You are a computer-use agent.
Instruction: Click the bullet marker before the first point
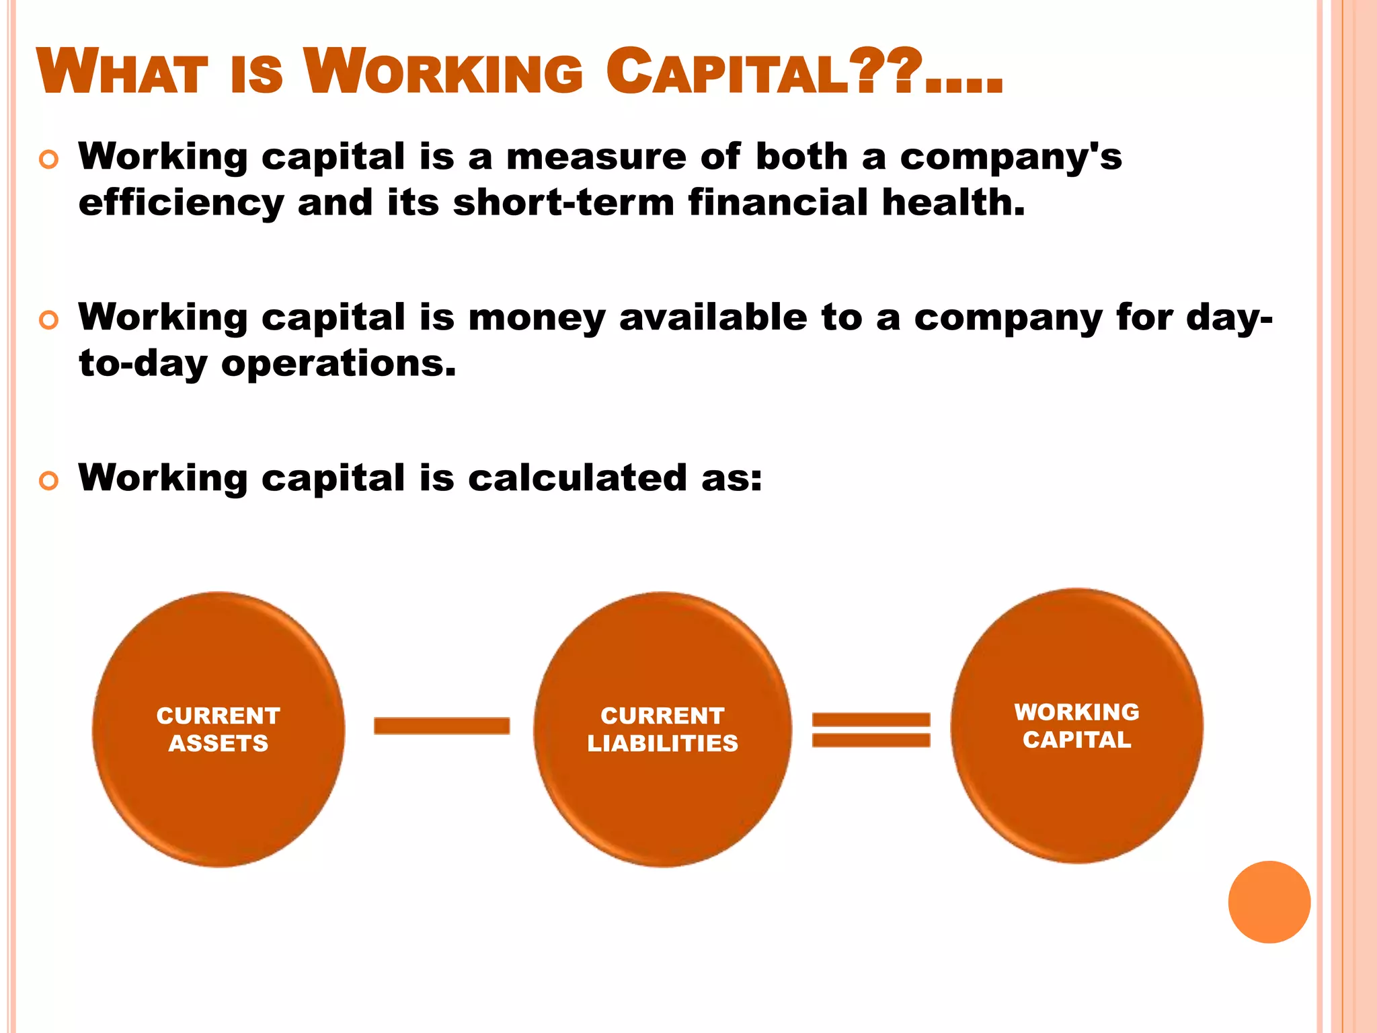(49, 160)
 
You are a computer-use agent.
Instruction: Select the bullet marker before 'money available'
(49, 320)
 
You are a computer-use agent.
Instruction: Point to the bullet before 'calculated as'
(49, 481)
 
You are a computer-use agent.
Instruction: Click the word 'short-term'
(563, 203)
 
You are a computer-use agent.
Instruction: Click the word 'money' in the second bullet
(537, 319)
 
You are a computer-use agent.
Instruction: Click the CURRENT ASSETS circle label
(219, 730)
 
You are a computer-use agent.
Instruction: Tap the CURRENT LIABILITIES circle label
(662, 730)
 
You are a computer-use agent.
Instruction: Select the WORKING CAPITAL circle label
(1076, 726)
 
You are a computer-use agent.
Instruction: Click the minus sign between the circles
(442, 726)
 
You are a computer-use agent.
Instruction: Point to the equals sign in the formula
(871, 730)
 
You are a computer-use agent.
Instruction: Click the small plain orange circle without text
(1269, 902)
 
